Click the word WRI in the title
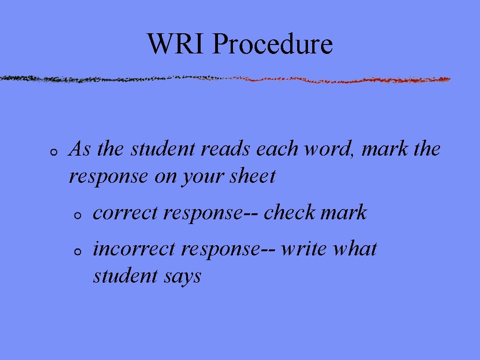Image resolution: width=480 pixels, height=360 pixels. click(x=176, y=44)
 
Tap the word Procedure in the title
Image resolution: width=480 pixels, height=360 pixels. click(x=272, y=45)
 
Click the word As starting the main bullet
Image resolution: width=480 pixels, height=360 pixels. click(x=80, y=150)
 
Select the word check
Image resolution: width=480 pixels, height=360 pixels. click(x=289, y=213)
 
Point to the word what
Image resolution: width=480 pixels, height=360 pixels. click(x=355, y=249)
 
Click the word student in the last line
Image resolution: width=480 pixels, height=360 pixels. click(x=125, y=276)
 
